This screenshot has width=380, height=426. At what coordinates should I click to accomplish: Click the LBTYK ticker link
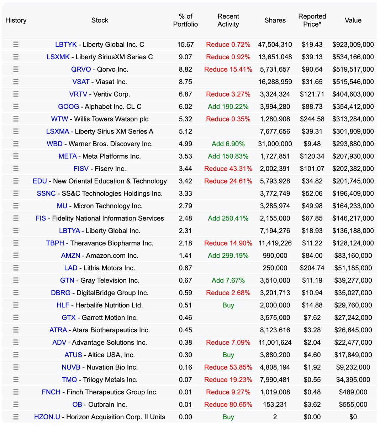click(x=66, y=44)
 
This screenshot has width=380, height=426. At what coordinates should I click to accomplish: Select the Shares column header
click(x=275, y=20)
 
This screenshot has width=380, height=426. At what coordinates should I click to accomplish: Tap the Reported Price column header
click(x=312, y=20)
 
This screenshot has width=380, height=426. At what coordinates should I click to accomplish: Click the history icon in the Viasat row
click(x=16, y=82)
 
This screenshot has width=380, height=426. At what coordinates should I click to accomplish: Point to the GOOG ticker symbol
click(x=68, y=106)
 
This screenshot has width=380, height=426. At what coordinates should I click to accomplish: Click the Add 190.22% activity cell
click(x=228, y=106)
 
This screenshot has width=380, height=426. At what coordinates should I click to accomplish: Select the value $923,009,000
click(x=353, y=44)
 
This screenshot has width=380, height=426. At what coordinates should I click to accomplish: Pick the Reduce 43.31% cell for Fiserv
click(x=228, y=169)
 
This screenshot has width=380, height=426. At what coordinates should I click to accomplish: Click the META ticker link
click(x=68, y=156)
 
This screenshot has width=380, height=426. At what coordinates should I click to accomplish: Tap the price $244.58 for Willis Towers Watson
click(x=312, y=119)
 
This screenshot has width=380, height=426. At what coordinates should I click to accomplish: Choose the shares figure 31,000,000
click(x=275, y=144)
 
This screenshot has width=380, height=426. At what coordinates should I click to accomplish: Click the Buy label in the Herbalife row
click(x=228, y=305)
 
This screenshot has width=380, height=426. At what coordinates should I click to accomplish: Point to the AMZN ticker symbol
click(x=70, y=256)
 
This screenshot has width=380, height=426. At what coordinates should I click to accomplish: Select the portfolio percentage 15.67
click(x=185, y=44)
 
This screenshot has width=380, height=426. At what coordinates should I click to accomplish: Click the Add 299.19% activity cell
click(x=228, y=256)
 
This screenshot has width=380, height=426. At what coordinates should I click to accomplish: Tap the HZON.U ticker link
click(x=47, y=417)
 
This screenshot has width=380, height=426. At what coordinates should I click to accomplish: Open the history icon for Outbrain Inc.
click(x=16, y=404)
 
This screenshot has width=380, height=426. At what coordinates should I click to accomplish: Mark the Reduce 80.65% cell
click(x=228, y=404)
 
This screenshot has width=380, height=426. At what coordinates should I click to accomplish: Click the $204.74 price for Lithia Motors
click(x=312, y=268)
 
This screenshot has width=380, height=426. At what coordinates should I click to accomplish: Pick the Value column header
click(x=353, y=20)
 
